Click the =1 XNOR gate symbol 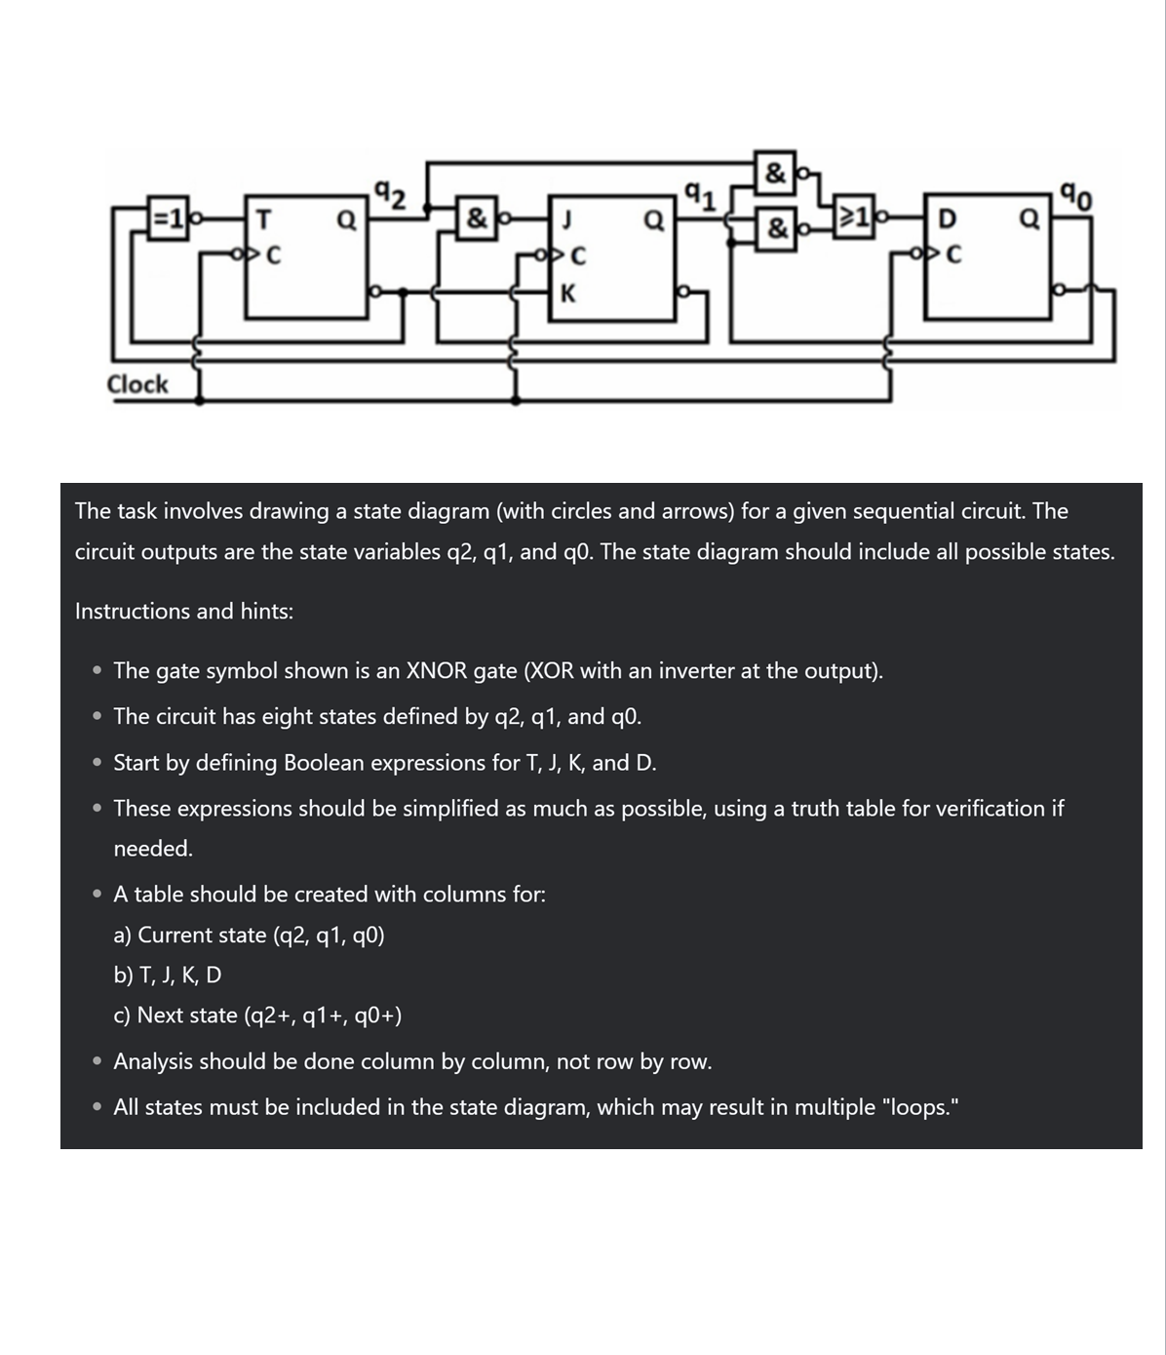point(167,219)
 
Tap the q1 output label point(700,197)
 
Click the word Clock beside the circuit point(137,384)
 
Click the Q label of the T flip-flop point(346,219)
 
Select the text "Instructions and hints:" point(184,612)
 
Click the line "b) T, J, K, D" point(168,975)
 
